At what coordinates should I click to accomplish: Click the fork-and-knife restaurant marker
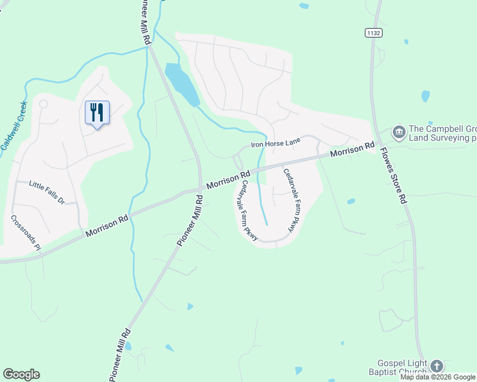(97, 113)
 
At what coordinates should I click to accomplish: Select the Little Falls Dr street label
(47, 192)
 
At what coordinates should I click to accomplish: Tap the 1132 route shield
(373, 32)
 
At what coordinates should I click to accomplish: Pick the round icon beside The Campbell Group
(399, 132)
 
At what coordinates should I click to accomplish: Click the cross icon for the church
(436, 365)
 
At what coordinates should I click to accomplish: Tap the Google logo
(21, 374)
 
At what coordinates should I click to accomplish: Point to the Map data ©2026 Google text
(437, 377)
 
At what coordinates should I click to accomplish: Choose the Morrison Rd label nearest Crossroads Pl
(107, 225)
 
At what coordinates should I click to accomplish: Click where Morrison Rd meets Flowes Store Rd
(375, 143)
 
